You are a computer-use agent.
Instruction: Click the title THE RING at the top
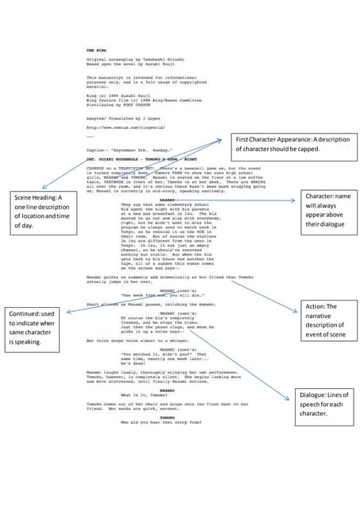click(96, 49)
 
